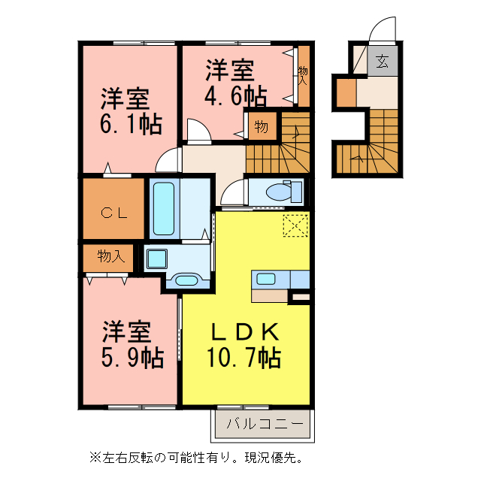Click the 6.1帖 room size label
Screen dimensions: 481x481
[x=130, y=123]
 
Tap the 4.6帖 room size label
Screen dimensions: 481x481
[x=235, y=95]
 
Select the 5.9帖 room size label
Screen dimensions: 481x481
[x=132, y=357]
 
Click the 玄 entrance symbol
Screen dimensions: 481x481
[x=383, y=62]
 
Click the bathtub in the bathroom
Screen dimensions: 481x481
[x=164, y=207]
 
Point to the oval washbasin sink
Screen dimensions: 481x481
[x=185, y=281]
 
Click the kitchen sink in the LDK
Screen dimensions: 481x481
[x=266, y=279]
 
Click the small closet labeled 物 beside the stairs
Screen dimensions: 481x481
[x=261, y=127]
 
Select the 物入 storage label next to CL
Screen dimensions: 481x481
[x=110, y=257]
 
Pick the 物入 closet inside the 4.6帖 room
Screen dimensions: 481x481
[x=304, y=74]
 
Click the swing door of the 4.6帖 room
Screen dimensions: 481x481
[x=198, y=131]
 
